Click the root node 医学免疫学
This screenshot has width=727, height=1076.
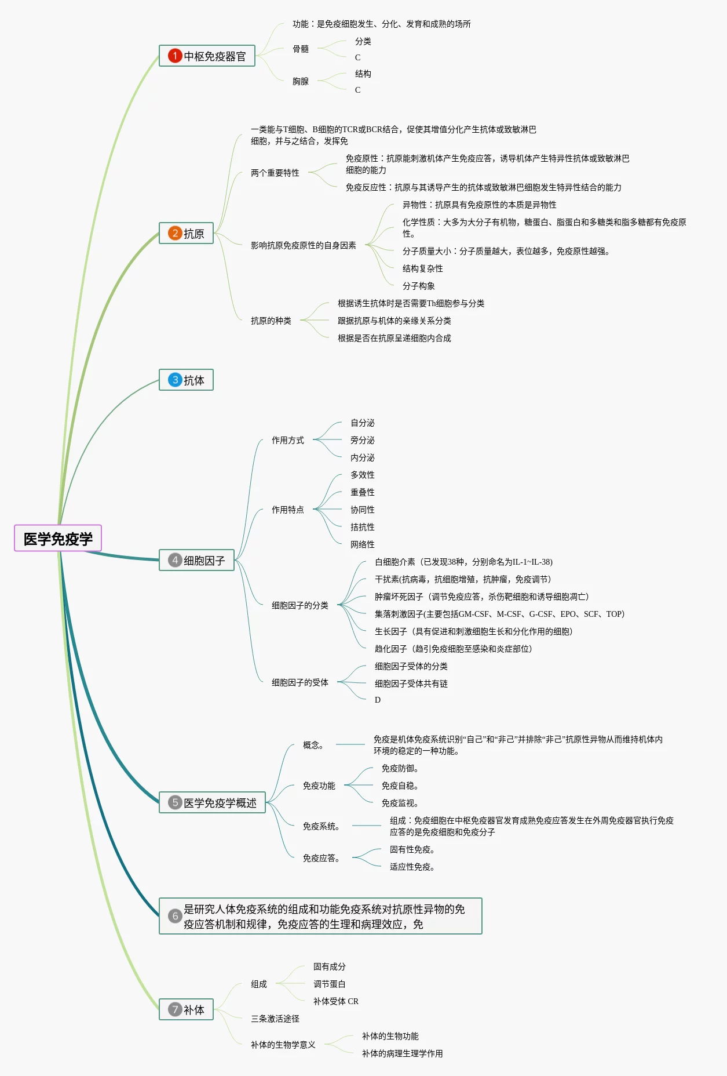pyautogui.click(x=58, y=539)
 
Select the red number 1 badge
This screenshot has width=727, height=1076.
pyautogui.click(x=174, y=56)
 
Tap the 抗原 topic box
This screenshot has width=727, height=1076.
pyautogui.click(x=187, y=234)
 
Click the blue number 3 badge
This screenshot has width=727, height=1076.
pyautogui.click(x=174, y=380)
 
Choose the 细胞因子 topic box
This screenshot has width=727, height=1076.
pyautogui.click(x=197, y=560)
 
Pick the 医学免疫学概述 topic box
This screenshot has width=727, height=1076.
pyautogui.click(x=213, y=802)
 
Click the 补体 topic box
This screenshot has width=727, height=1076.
pyautogui.click(x=187, y=1009)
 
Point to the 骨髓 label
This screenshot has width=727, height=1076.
pyautogui.click(x=301, y=49)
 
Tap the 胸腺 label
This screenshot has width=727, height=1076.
pyautogui.click(x=301, y=82)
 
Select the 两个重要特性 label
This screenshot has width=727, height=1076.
pyautogui.click(x=275, y=173)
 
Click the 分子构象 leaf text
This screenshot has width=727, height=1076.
pyautogui.click(x=419, y=286)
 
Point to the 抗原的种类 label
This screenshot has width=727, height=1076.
pyautogui.click(x=271, y=321)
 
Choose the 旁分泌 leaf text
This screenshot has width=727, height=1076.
pyautogui.click(x=363, y=440)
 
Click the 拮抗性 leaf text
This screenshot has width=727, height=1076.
pyautogui.click(x=363, y=527)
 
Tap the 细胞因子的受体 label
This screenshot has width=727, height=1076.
pyautogui.click(x=300, y=682)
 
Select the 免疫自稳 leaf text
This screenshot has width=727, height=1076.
pyautogui.click(x=400, y=786)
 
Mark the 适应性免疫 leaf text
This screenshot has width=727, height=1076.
pyautogui.click(x=412, y=867)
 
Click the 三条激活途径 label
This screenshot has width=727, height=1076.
pyautogui.click(x=275, y=1019)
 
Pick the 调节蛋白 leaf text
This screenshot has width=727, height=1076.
pyautogui.click(x=330, y=984)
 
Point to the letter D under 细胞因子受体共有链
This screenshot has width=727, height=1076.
pyautogui.click(x=378, y=700)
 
